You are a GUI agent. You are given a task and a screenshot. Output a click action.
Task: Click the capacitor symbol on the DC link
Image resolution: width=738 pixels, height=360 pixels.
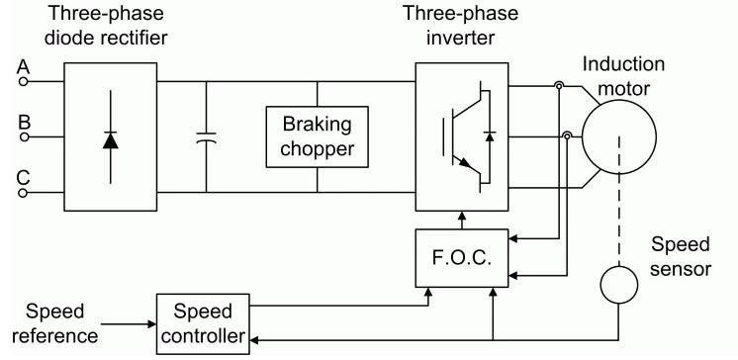tap(206, 136)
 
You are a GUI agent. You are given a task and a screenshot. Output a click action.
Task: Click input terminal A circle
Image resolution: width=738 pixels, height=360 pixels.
tap(23, 81)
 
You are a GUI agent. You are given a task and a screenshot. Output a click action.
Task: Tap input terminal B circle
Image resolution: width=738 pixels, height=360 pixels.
tap(23, 136)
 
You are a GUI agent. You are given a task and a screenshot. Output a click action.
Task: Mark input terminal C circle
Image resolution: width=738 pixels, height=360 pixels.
tap(23, 193)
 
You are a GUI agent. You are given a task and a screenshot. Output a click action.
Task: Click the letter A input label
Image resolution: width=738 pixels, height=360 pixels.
tap(23, 67)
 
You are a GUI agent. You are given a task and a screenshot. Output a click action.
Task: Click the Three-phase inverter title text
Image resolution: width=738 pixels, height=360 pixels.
tap(460, 25)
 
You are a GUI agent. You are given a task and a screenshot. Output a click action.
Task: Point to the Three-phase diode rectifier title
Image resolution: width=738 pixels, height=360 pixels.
tap(106, 25)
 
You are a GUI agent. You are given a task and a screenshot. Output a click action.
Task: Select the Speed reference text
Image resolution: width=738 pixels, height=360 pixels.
tap(54, 323)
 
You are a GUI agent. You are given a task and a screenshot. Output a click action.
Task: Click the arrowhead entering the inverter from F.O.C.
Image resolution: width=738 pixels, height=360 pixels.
tap(462, 217)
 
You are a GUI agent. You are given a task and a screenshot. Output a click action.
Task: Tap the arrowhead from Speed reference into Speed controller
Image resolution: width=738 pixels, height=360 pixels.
tap(151, 324)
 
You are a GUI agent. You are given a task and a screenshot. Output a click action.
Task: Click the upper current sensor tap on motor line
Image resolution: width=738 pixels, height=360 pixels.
tap(558, 86)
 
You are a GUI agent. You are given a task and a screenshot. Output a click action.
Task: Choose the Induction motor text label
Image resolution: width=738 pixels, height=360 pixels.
tap(623, 76)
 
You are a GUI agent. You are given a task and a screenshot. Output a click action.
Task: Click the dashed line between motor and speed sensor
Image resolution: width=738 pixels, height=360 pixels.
tap(619, 201)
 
